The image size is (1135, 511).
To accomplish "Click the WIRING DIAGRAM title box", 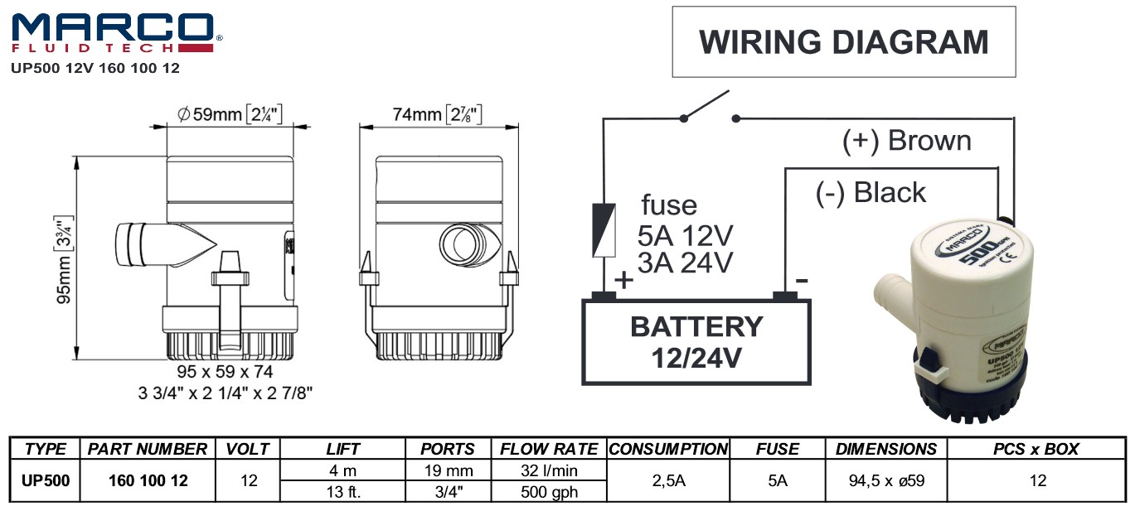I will [843, 41].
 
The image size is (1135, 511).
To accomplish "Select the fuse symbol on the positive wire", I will [603, 229].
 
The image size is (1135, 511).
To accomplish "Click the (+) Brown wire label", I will [906, 141].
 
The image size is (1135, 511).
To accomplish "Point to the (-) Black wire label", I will [870, 193].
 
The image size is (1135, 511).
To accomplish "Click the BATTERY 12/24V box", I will [696, 341].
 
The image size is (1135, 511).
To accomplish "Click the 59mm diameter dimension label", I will [231, 115].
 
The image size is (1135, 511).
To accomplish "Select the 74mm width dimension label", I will [437, 115].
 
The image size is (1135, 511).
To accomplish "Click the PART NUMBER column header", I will [148, 449].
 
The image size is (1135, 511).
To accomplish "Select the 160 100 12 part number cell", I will [148, 480].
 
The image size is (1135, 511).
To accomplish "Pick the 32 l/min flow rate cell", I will [549, 470].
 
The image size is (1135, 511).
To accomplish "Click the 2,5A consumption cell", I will [668, 480].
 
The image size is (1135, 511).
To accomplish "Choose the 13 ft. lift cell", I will [342, 491].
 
